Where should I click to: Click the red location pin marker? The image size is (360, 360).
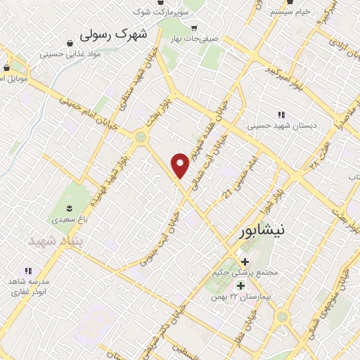[181, 164]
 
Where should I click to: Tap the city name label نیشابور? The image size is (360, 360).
[258, 231]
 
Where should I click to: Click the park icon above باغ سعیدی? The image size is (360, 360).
[69, 207]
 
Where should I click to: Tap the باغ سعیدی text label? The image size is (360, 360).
[68, 219]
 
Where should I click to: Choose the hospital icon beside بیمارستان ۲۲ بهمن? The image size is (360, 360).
[241, 285]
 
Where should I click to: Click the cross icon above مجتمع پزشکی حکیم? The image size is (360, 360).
[243, 262]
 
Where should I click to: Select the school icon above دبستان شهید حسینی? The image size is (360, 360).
[281, 115]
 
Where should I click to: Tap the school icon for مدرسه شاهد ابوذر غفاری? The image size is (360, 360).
[28, 270]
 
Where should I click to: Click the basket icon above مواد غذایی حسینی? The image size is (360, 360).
[63, 41]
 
